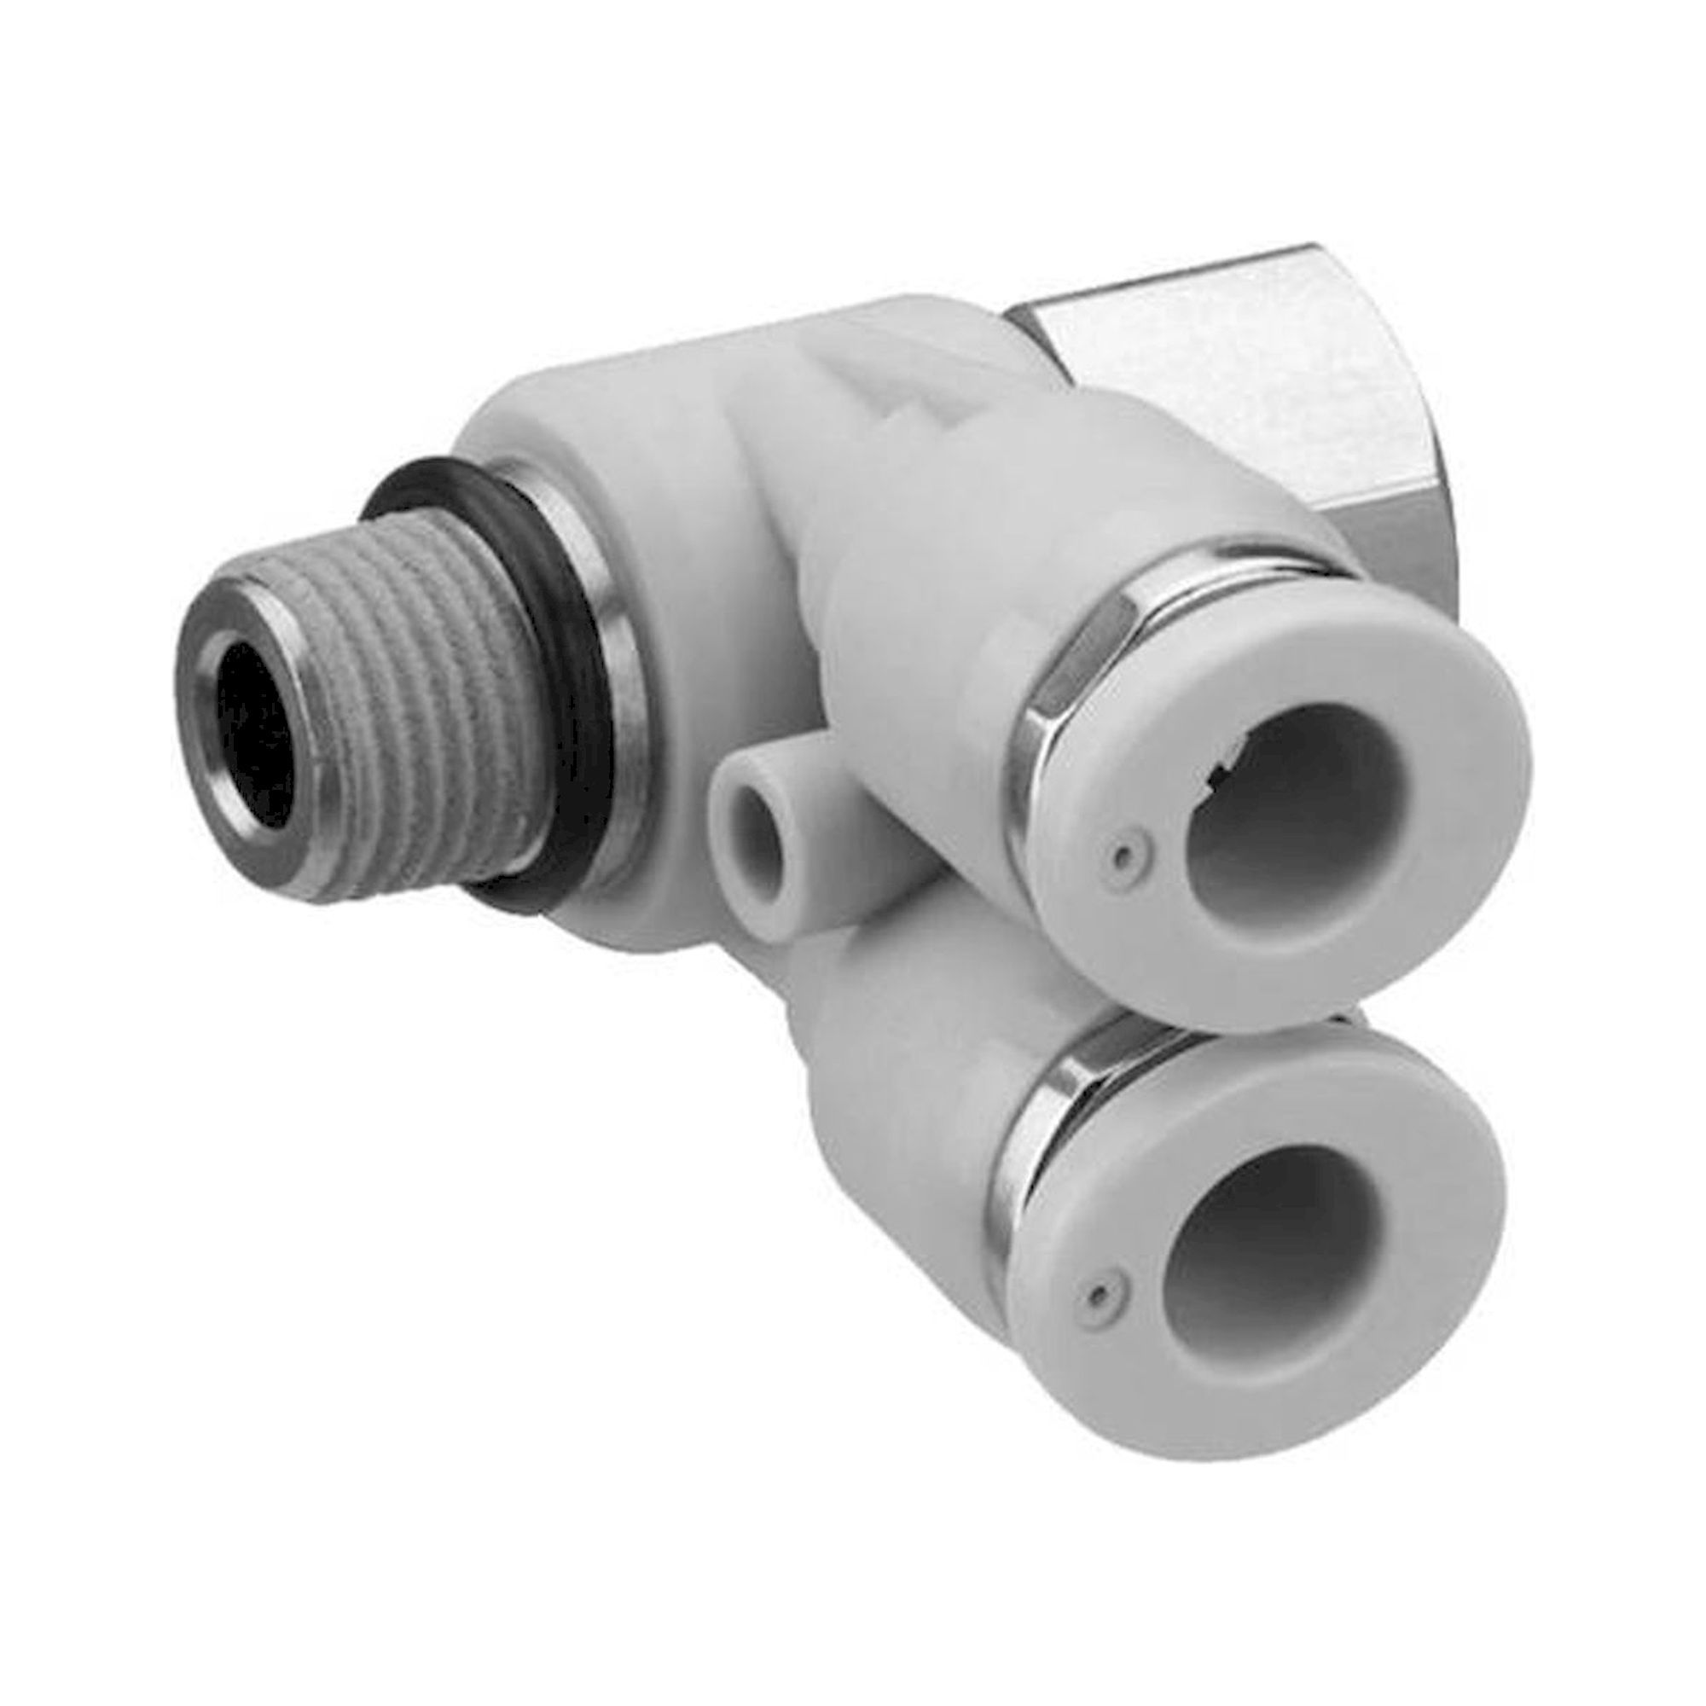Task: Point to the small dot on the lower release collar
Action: (x=1098, y=1295)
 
